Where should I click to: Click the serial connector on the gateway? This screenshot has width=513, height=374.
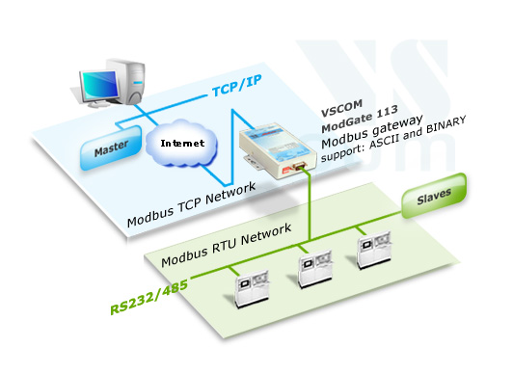302,168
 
